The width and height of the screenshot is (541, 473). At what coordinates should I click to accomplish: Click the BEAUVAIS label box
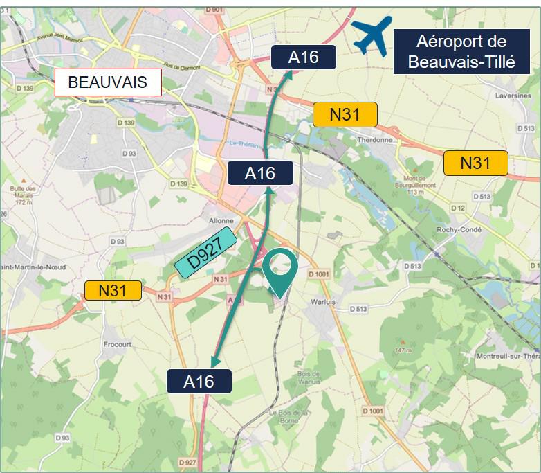pos(107,82)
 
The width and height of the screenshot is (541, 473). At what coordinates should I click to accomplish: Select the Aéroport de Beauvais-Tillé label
pos(461,52)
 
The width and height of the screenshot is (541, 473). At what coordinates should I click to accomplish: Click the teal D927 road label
pos(205,253)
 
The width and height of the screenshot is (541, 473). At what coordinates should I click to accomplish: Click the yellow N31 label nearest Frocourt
pos(113,290)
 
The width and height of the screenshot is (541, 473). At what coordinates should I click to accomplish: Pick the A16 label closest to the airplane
pos(303,57)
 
